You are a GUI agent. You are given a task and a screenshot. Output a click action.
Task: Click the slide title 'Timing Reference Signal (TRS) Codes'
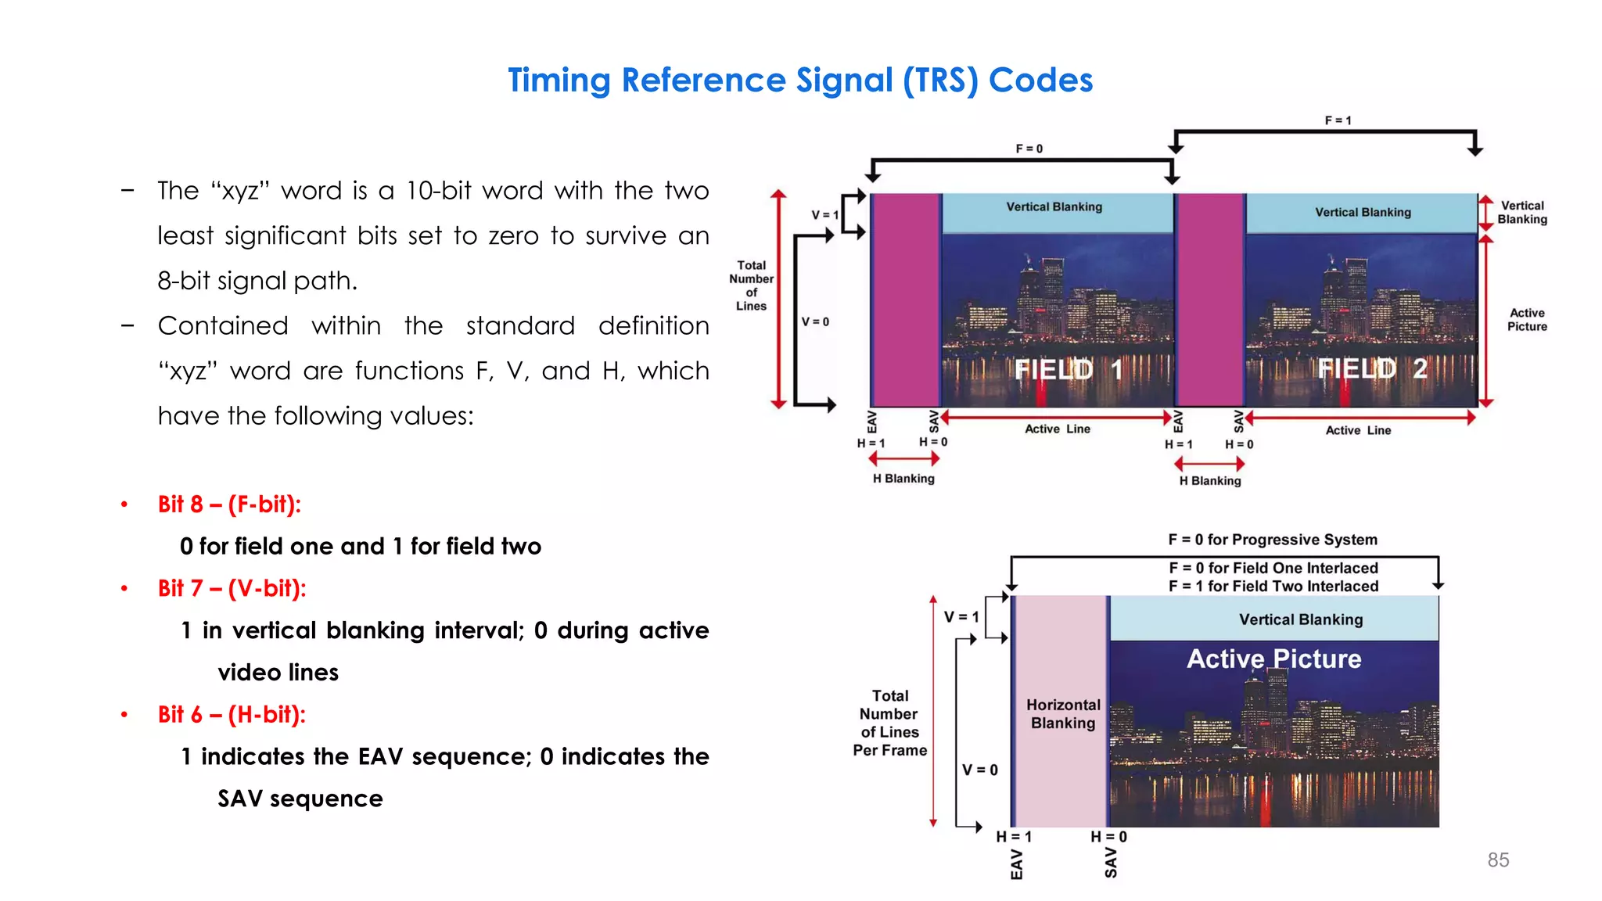click(800, 81)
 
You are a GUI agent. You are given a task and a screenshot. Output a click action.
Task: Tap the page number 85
click(1498, 860)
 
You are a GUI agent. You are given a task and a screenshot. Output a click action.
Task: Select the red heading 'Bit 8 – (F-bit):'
click(229, 504)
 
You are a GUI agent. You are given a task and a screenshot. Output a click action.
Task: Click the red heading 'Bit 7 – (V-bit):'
click(232, 588)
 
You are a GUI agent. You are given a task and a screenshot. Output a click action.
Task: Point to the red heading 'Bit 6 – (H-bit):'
click(232, 714)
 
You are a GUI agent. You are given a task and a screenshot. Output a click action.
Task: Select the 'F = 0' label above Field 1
click(1029, 149)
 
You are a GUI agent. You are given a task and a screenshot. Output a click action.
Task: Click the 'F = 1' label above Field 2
click(1338, 120)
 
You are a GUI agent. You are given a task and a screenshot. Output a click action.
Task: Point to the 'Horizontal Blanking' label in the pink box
click(1063, 714)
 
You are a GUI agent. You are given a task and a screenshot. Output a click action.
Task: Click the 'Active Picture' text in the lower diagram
click(1273, 659)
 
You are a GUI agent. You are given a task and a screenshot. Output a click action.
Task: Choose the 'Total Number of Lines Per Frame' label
click(890, 723)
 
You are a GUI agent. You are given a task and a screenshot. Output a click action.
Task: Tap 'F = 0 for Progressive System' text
click(1273, 540)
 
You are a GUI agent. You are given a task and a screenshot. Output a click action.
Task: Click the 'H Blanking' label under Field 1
click(903, 479)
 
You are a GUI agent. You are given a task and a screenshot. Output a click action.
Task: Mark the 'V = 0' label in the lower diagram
click(979, 770)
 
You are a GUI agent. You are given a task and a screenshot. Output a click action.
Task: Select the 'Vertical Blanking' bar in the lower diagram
click(1300, 619)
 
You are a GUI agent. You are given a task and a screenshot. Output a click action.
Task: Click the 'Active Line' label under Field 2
click(1358, 430)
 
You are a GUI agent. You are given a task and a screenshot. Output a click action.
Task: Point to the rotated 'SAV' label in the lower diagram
click(1111, 863)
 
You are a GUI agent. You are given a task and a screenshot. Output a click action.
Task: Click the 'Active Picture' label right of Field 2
click(1527, 319)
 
